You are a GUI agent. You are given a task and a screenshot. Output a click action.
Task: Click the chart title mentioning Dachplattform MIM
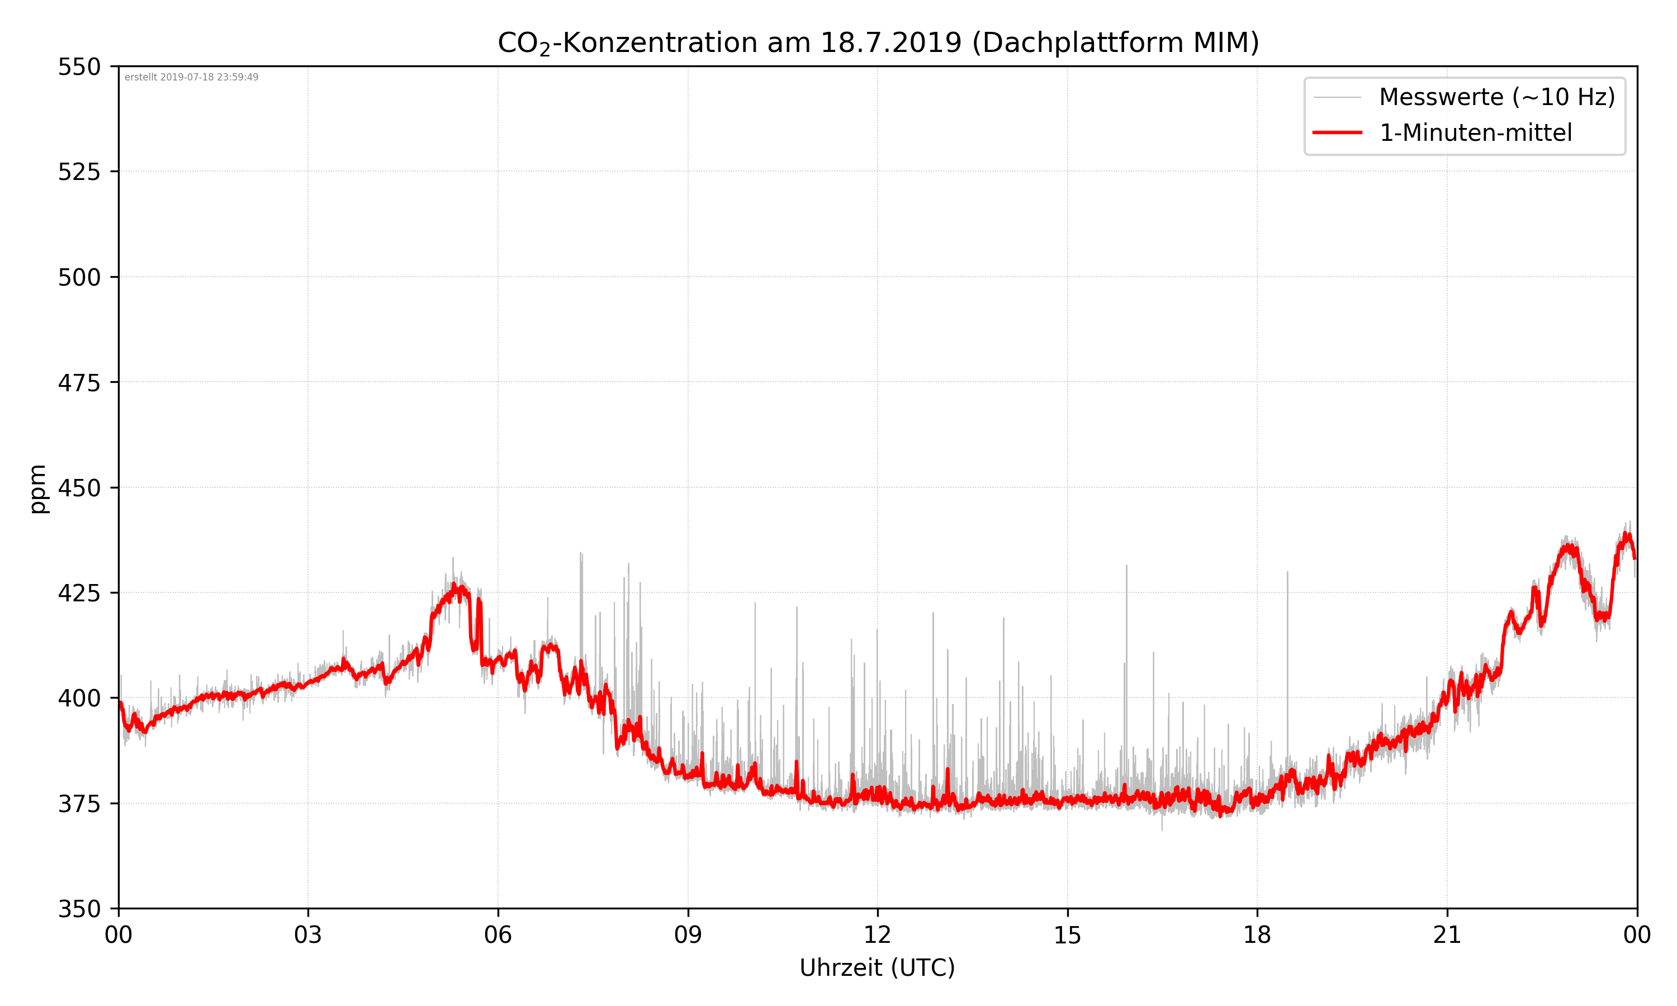click(878, 42)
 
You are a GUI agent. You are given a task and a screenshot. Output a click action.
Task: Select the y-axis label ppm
click(38, 488)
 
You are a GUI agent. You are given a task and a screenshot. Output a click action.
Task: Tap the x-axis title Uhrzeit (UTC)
click(877, 967)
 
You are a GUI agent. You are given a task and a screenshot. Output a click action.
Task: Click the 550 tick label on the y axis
click(79, 67)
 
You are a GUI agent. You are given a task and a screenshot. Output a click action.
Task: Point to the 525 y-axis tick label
click(79, 172)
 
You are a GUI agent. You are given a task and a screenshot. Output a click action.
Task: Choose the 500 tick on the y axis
click(79, 277)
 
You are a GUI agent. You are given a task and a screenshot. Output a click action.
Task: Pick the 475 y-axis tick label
click(79, 383)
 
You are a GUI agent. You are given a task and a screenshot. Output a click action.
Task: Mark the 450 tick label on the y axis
click(79, 488)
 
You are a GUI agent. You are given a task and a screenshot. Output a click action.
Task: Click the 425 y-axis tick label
click(79, 593)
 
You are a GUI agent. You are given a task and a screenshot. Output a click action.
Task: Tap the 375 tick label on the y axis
click(79, 804)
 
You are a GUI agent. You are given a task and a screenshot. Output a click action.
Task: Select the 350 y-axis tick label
click(79, 909)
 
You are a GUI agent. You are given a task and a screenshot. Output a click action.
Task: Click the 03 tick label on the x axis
click(308, 936)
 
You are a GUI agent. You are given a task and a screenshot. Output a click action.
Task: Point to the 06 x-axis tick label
click(498, 936)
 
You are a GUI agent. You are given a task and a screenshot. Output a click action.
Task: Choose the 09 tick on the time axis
click(688, 936)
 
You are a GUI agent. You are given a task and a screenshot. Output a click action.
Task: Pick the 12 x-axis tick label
click(877, 936)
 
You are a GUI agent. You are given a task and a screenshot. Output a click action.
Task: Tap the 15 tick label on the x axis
click(1067, 936)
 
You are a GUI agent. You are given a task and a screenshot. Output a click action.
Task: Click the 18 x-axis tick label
click(1257, 936)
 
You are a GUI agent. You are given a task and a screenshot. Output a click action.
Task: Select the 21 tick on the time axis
click(1447, 936)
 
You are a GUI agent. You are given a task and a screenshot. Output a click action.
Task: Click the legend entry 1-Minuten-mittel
click(1475, 133)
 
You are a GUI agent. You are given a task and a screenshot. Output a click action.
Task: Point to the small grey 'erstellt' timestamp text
click(191, 77)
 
